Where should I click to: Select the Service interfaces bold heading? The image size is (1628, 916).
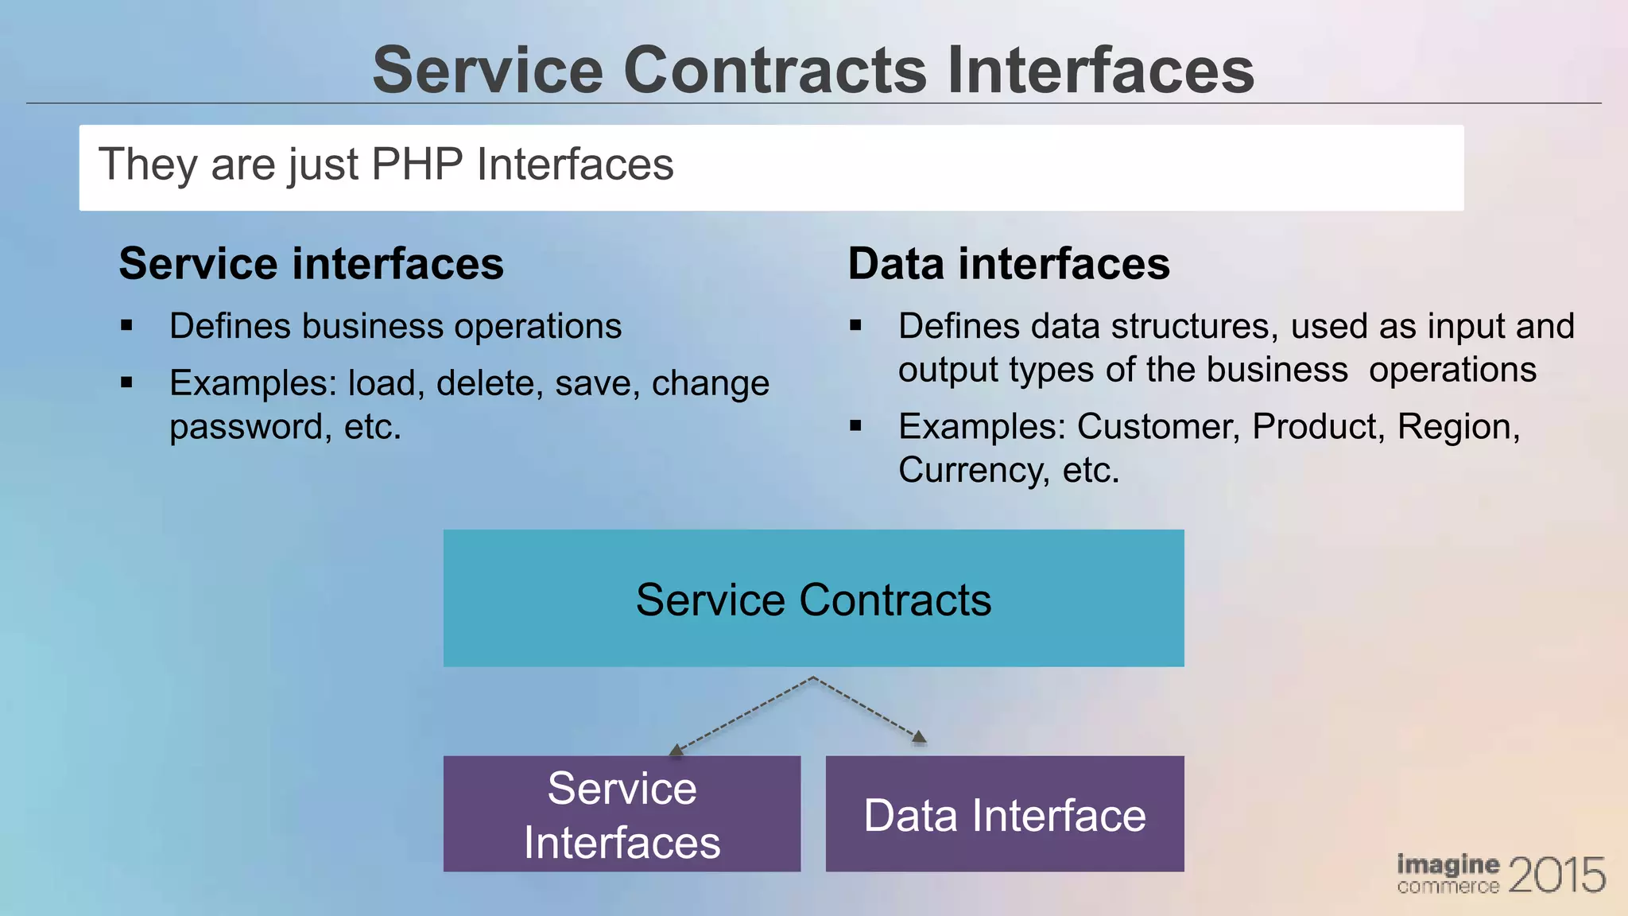click(311, 264)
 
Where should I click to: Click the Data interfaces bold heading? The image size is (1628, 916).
click(1009, 264)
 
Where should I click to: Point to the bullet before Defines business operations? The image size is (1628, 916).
click(126, 325)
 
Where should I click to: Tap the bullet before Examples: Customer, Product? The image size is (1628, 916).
click(855, 426)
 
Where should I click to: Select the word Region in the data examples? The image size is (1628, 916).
click(1454, 427)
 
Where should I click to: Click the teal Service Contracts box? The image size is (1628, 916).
click(813, 598)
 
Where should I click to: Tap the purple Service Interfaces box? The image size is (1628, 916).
click(622, 814)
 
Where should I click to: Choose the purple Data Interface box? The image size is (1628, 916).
click(1005, 814)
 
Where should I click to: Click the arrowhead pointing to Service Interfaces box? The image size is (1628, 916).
click(676, 749)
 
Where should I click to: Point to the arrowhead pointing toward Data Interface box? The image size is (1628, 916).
click(920, 737)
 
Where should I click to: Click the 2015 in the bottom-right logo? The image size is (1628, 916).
click(1556, 875)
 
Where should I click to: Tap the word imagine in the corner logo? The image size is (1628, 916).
click(1448, 864)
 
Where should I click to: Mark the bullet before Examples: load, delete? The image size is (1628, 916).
click(126, 383)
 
